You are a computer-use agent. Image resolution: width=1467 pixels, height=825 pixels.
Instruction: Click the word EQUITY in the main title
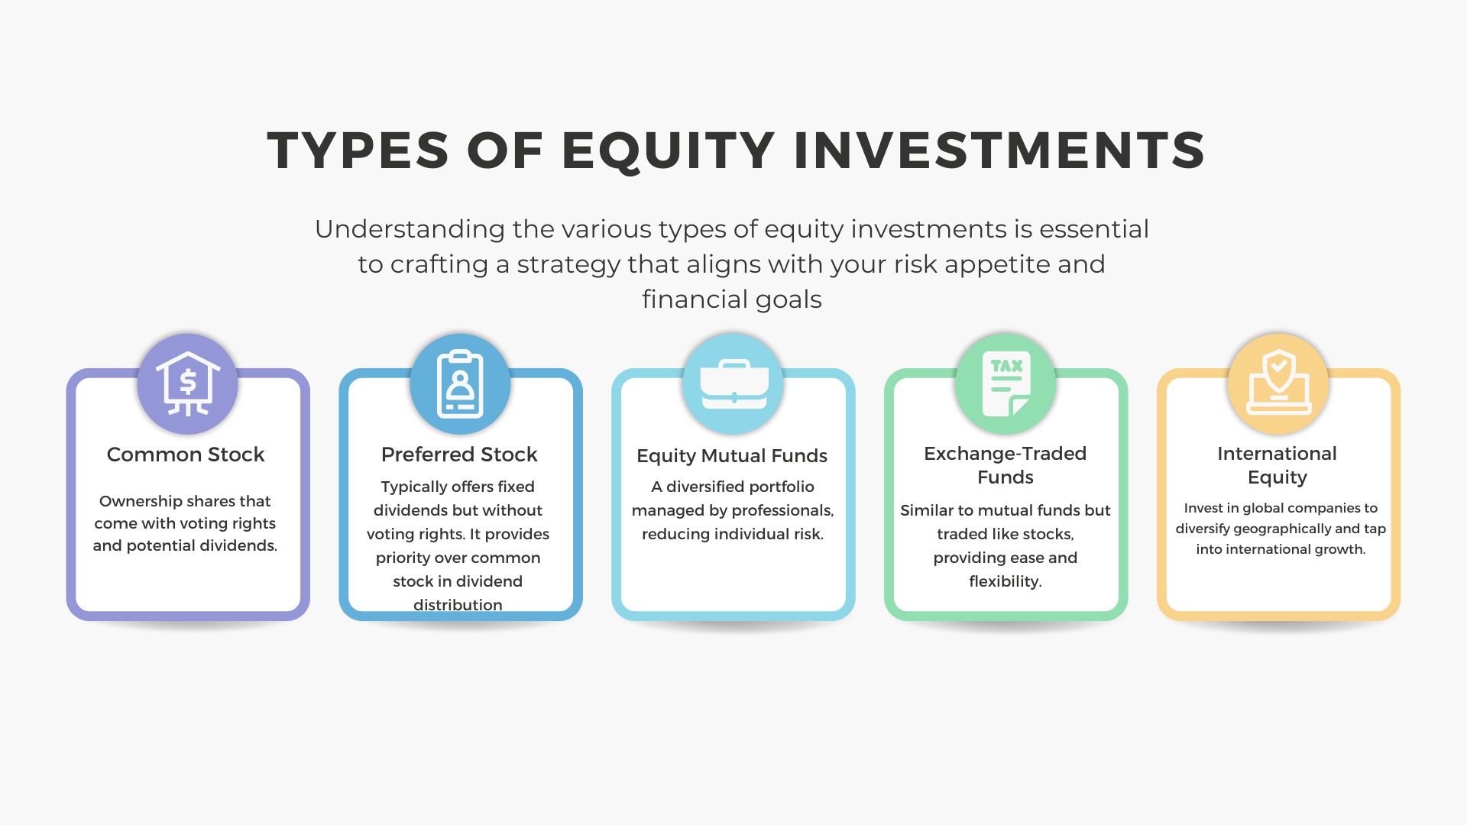(x=669, y=150)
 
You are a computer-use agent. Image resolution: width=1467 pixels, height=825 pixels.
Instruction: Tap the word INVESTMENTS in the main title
(x=999, y=150)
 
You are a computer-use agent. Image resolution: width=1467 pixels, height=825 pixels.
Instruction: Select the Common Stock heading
(x=186, y=455)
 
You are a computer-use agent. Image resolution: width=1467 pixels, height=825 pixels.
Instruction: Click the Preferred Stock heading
(x=459, y=455)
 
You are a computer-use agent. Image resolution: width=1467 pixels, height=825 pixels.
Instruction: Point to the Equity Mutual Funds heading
(x=732, y=456)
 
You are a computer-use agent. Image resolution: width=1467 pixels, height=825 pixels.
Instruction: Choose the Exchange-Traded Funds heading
(x=1006, y=465)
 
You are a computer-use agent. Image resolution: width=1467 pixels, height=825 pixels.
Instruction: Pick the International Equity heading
(x=1278, y=465)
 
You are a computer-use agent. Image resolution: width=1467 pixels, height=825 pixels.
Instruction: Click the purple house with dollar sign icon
(x=187, y=383)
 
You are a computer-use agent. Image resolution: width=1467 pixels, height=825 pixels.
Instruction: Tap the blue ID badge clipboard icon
(x=460, y=383)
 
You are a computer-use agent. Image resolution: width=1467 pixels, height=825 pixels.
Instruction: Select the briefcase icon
(x=733, y=384)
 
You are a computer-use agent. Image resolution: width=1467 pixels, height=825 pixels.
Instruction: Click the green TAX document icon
(x=1006, y=383)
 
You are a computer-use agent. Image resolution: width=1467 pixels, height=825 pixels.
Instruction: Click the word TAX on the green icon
(x=1006, y=366)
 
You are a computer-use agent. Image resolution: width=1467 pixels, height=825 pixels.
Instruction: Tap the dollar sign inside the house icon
(x=188, y=382)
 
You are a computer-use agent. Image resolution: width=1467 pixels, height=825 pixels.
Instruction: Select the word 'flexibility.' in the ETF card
(x=1006, y=581)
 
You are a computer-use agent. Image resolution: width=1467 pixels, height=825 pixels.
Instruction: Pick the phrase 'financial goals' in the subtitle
(x=732, y=299)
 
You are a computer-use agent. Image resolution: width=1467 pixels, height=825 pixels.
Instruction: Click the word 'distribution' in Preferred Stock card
(x=458, y=605)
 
